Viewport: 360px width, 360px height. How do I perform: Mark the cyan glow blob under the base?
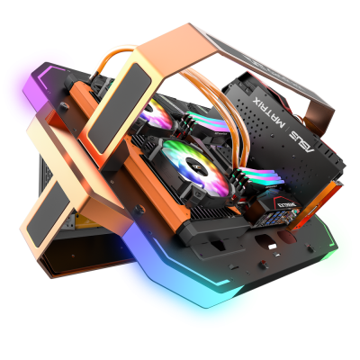tap(216, 297)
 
